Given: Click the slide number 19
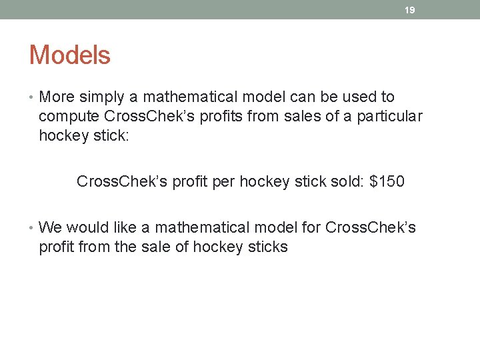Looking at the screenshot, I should tap(410, 10).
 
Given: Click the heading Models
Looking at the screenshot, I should tap(69, 55).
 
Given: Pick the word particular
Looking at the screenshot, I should tap(388, 117).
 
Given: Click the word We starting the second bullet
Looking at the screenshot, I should tap(51, 228).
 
